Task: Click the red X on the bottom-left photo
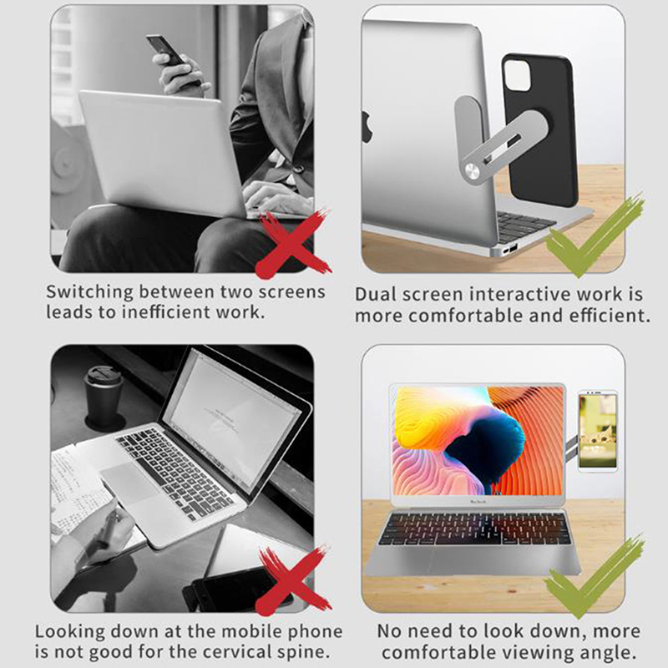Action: tap(293, 580)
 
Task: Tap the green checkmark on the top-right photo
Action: tap(594, 237)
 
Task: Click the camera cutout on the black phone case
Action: tap(517, 75)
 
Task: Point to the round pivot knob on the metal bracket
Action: tap(472, 171)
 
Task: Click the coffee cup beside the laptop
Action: tap(104, 395)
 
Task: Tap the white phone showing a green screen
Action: tap(598, 431)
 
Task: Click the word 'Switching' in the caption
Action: tap(90, 293)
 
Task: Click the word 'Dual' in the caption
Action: tap(376, 295)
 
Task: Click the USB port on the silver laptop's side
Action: tap(514, 247)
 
